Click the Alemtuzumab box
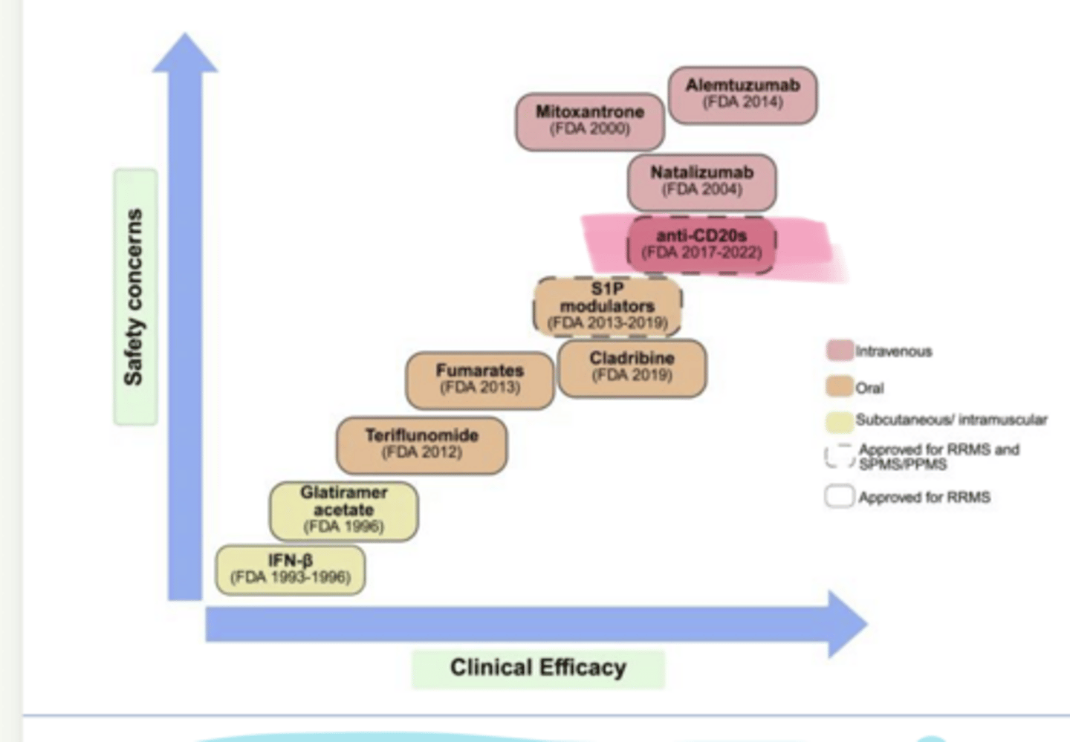(x=742, y=94)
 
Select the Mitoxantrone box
(x=590, y=121)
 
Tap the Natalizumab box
(x=701, y=182)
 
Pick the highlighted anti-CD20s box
(x=701, y=245)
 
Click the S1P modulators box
(x=607, y=306)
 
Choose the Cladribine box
(x=632, y=368)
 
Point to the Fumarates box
(x=479, y=380)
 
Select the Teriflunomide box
(x=421, y=445)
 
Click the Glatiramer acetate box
(x=343, y=510)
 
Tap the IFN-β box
(x=290, y=570)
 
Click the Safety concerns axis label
(x=134, y=296)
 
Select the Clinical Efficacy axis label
(x=538, y=668)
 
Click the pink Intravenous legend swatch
(x=839, y=351)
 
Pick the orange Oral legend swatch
(x=839, y=387)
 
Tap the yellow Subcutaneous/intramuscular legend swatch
(x=839, y=421)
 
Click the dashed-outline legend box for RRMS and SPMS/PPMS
(x=839, y=456)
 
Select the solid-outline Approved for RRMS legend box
(x=839, y=497)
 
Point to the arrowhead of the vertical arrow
(x=185, y=53)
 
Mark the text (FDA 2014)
(x=742, y=102)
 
